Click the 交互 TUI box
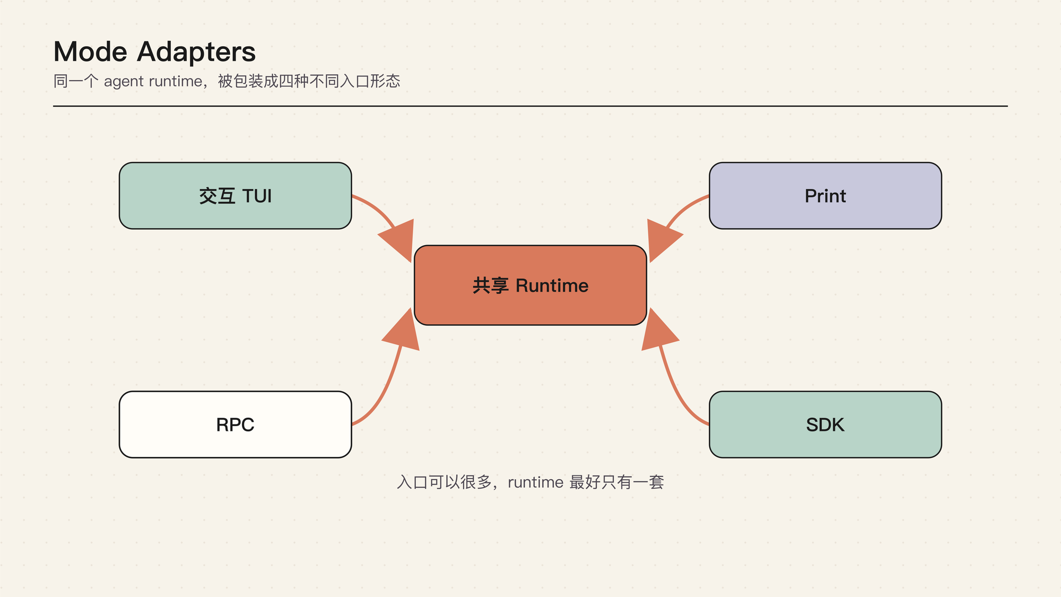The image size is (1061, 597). [236, 196]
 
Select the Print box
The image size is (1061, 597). [825, 196]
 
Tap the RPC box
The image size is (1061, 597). [236, 425]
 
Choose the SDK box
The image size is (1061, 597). [825, 425]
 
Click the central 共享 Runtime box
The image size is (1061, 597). [530, 285]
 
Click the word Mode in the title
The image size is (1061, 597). [91, 52]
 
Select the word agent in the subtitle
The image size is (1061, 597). [124, 82]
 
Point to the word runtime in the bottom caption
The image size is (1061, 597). [535, 482]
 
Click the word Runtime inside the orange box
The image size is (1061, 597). [552, 285]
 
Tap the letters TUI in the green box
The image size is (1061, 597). [257, 196]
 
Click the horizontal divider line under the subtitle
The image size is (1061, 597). [530, 106]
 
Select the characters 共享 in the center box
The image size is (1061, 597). [491, 285]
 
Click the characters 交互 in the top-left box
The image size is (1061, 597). [218, 196]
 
